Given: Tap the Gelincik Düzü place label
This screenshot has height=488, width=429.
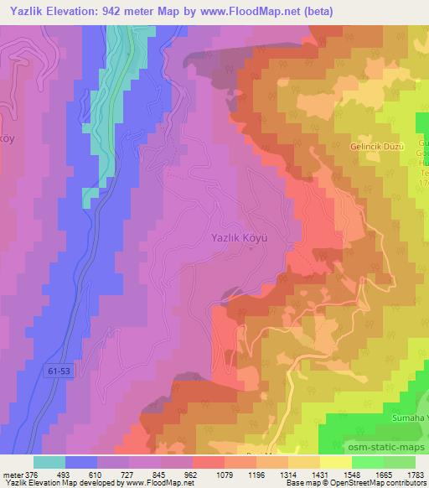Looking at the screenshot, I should click(376, 146).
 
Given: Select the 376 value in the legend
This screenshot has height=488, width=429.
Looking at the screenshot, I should click(30, 475).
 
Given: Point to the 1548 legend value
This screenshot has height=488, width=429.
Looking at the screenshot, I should click(354, 475).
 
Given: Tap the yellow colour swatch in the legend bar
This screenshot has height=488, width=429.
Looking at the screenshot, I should click(336, 462).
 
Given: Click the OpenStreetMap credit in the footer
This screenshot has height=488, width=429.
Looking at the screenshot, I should click(368, 483).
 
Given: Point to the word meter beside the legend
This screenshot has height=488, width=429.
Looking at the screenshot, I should click(11, 475).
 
